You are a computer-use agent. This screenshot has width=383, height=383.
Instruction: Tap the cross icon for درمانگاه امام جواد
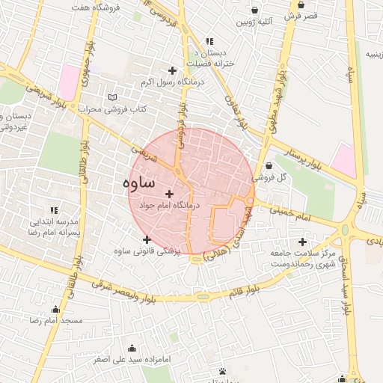[x=169, y=194]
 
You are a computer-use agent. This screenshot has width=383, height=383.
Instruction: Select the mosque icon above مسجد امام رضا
[x=55, y=310]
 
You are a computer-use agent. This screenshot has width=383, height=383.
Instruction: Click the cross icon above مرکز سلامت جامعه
[x=302, y=242]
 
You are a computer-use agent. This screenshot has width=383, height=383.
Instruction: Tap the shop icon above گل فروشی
[x=269, y=166]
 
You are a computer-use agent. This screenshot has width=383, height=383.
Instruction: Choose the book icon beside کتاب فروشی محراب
[x=113, y=98]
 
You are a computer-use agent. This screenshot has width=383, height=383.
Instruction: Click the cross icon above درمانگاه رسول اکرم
[x=173, y=70]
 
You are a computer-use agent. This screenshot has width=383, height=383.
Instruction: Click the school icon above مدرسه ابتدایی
[x=53, y=211]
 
